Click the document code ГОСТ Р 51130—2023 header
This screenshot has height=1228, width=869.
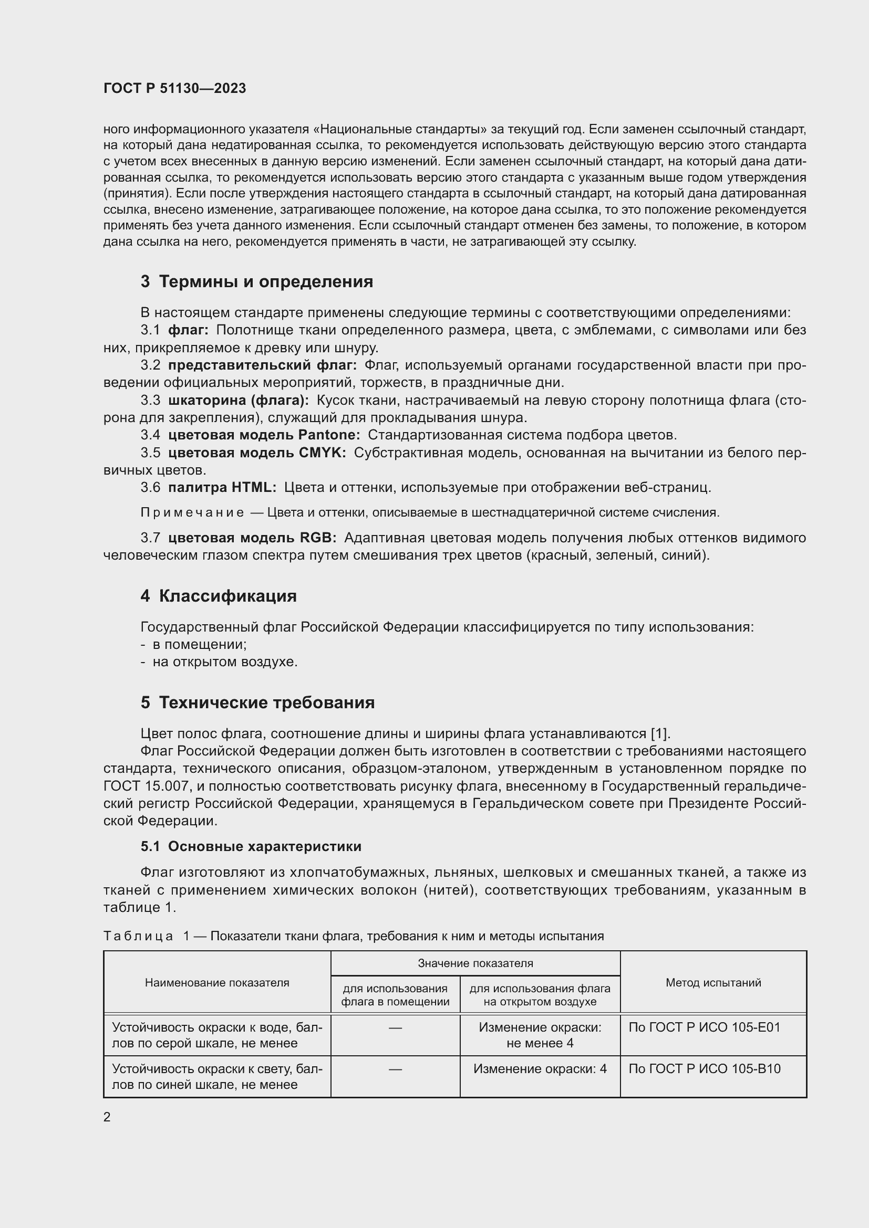pyautogui.click(x=174, y=88)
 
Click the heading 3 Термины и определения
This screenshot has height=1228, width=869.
pyautogui.click(x=256, y=281)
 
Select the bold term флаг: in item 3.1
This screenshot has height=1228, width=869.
pyautogui.click(x=188, y=330)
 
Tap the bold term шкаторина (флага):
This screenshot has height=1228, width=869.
pyautogui.click(x=238, y=400)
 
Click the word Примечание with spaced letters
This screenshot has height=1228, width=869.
pyautogui.click(x=192, y=512)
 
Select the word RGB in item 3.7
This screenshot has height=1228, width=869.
pyautogui.click(x=318, y=538)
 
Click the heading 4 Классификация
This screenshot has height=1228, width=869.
pyautogui.click(x=219, y=596)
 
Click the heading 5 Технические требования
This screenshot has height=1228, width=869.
pyautogui.click(x=257, y=702)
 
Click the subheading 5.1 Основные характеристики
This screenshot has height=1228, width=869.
pyautogui.click(x=251, y=846)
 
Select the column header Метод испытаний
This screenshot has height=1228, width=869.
pyautogui.click(x=713, y=982)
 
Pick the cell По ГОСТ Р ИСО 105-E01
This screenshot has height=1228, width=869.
pyautogui.click(x=704, y=1027)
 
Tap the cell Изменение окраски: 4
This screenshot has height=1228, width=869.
pyautogui.click(x=540, y=1068)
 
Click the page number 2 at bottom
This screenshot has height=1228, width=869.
pyautogui.click(x=107, y=1117)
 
